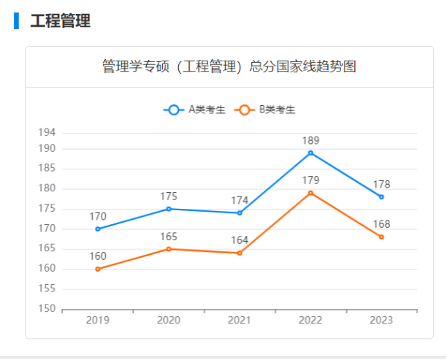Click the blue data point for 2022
(310, 153)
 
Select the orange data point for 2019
(98, 269)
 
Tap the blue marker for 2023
(381, 197)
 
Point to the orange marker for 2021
(240, 253)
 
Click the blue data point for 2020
(169, 209)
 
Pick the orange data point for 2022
(310, 193)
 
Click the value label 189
(310, 140)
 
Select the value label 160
(98, 256)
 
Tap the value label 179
(310, 180)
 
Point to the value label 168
(381, 225)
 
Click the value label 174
(240, 200)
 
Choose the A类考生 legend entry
(195, 110)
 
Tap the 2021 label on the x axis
(240, 321)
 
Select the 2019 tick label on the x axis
(98, 321)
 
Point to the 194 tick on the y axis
(47, 132)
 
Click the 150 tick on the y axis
(47, 309)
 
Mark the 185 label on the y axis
(47, 169)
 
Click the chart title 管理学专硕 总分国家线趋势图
(229, 67)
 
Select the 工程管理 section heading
(60, 20)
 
